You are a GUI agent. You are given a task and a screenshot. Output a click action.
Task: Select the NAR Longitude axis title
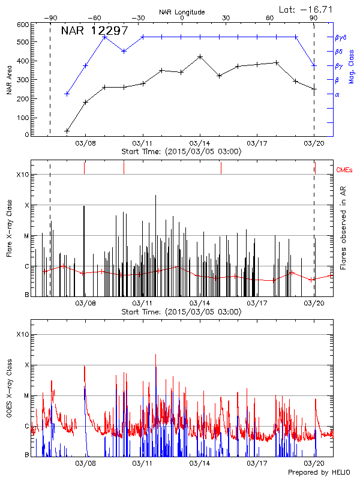click(182, 12)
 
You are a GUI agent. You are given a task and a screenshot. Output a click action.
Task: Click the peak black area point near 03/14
click(200, 56)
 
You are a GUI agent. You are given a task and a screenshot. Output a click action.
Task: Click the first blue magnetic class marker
click(67, 94)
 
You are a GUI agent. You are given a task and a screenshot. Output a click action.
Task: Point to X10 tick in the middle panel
click(22, 175)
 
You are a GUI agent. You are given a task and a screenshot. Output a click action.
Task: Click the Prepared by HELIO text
click(319, 472)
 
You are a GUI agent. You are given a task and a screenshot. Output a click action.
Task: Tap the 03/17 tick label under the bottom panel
click(257, 464)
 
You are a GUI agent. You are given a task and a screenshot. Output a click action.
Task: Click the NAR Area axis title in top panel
click(9, 80)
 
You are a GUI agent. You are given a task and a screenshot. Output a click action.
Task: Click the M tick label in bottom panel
click(26, 396)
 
